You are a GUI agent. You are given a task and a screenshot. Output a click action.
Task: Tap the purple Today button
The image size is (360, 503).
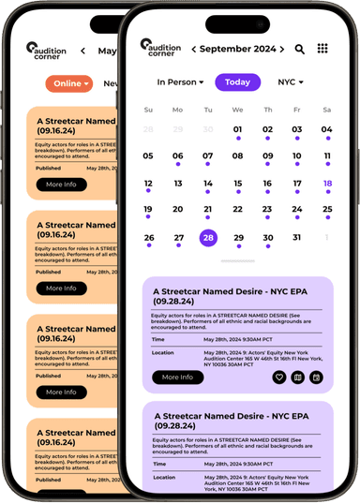point(237,82)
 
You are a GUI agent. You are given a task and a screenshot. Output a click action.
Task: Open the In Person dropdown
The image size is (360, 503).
point(180,82)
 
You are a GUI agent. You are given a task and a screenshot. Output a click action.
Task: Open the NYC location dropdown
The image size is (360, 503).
point(290,82)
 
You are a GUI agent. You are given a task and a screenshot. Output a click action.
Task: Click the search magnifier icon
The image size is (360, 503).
point(300,49)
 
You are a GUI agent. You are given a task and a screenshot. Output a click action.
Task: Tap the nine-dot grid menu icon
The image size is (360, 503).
point(322,49)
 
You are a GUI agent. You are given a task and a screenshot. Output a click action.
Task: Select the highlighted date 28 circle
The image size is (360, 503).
point(208,238)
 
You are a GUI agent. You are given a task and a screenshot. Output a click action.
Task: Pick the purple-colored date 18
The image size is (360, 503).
point(326,184)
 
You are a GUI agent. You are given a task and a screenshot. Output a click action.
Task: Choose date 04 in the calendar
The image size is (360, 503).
point(326,130)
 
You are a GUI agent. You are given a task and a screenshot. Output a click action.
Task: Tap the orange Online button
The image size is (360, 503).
point(69,83)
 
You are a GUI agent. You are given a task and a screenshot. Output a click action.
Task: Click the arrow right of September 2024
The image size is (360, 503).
point(282,49)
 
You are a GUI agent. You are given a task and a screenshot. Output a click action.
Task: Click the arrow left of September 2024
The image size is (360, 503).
point(194,49)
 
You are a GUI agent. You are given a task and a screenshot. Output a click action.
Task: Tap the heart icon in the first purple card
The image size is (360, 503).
point(278,377)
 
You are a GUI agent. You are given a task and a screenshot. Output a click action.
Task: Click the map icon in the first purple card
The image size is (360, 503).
point(297,377)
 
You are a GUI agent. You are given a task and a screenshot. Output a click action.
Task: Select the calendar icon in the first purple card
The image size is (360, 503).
point(316,377)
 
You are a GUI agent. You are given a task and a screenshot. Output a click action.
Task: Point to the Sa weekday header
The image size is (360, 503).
point(326,110)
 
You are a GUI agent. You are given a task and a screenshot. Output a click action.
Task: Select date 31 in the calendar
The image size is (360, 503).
point(296,238)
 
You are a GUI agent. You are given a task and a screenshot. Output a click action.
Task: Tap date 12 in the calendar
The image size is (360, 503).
point(148,184)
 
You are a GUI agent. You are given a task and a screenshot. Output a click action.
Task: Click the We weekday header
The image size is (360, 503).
point(238,110)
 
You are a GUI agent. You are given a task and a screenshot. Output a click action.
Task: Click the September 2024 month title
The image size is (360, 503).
point(238,49)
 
